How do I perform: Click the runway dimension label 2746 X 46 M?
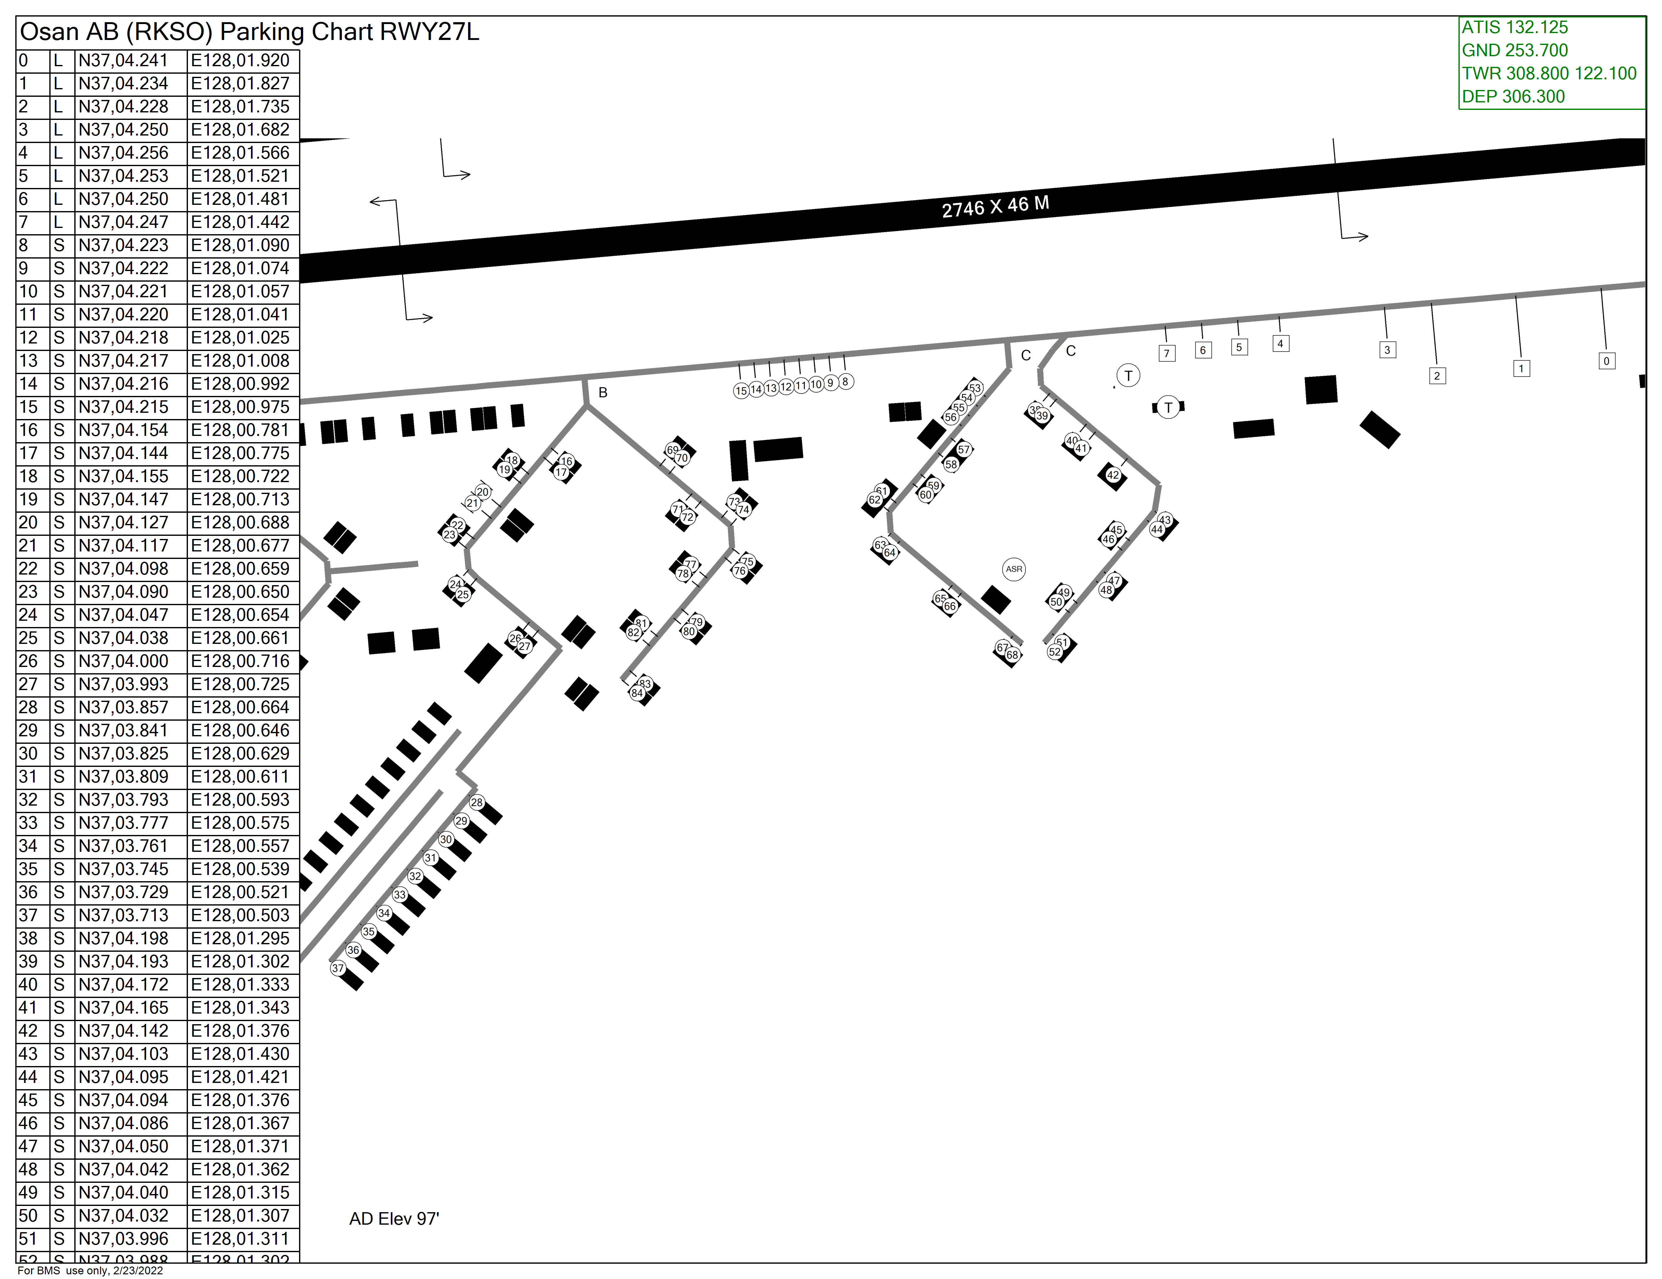996,206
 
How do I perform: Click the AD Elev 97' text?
394,1219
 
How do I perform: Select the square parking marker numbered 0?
1606,361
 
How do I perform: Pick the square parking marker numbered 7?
1167,353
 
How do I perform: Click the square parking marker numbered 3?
1387,350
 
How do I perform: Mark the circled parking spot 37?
338,968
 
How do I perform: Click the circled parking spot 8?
845,381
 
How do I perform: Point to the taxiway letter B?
603,393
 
